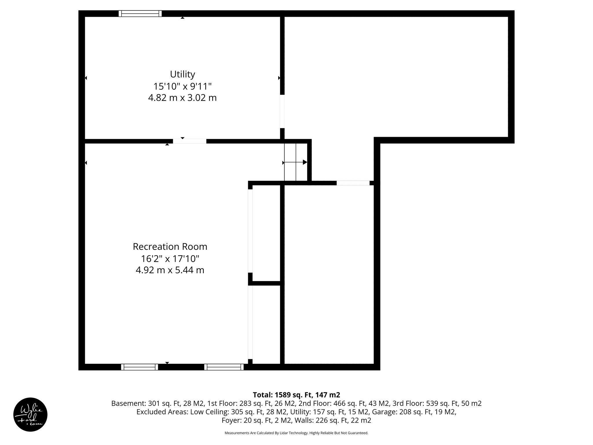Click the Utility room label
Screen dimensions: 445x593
(x=182, y=74)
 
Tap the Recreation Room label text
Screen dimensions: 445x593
(x=170, y=247)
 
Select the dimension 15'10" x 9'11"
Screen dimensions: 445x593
(x=182, y=86)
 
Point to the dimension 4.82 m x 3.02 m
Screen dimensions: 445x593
(x=182, y=98)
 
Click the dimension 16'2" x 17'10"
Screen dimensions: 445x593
(x=170, y=258)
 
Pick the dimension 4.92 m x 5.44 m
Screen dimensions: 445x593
(x=170, y=270)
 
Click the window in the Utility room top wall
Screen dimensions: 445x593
(x=140, y=14)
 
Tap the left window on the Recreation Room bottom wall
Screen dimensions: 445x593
(x=140, y=367)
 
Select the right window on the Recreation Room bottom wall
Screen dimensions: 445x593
(x=224, y=367)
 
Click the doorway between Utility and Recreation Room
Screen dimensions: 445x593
(x=190, y=141)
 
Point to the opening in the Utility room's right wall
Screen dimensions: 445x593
(x=282, y=111)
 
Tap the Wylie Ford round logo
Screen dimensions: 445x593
(x=30, y=415)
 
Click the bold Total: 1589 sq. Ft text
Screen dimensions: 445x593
(x=296, y=395)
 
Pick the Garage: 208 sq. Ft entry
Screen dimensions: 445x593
(x=414, y=412)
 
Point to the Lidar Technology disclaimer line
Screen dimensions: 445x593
(x=296, y=433)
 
